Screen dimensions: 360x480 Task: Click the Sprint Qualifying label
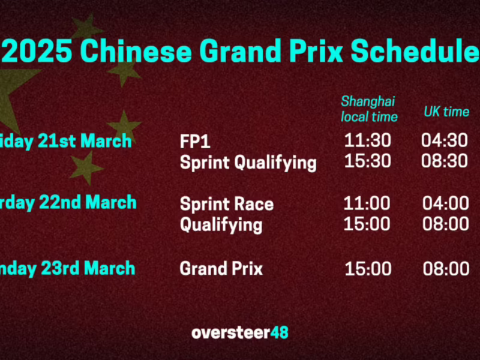248,162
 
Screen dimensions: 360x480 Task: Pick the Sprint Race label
226,204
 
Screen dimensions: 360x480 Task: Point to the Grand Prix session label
221,268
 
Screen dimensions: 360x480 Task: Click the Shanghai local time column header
368,109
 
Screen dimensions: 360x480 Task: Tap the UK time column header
446,112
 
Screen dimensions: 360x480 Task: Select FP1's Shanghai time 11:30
367,141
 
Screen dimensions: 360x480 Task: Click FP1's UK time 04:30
445,141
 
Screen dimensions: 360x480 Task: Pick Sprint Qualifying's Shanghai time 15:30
367,161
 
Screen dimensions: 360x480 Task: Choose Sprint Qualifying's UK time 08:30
445,161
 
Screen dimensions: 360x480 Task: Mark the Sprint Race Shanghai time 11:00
367,203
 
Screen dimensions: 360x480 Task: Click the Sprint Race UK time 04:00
446,203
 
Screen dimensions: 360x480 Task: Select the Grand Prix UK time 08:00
446,268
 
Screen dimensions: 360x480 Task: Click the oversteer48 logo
240,332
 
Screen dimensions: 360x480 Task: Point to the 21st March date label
66,142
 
